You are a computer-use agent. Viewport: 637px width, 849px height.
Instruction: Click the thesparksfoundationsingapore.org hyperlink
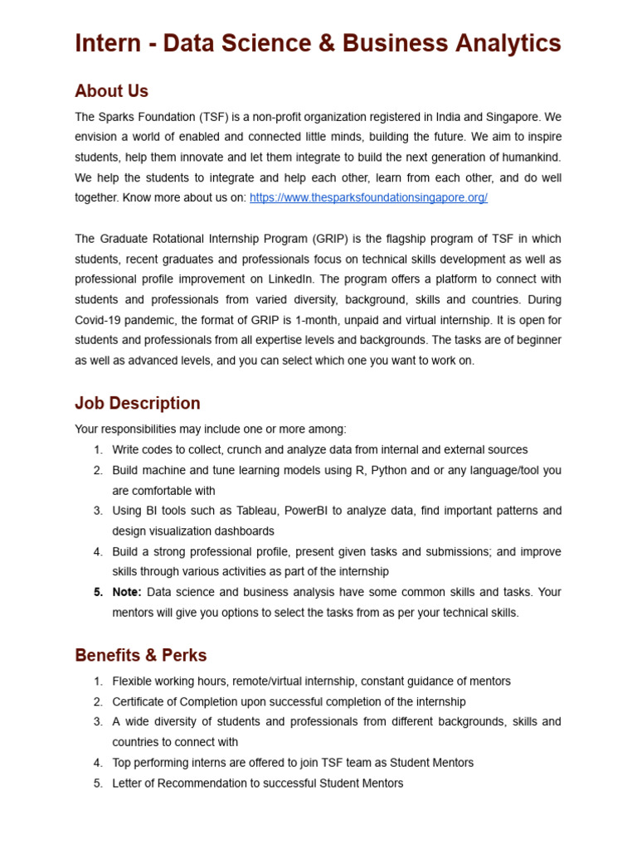(x=368, y=197)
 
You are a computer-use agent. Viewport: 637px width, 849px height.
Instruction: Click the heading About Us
(x=111, y=91)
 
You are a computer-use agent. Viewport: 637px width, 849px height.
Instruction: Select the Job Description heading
(x=138, y=404)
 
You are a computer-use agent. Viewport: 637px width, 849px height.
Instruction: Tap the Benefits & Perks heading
(x=141, y=656)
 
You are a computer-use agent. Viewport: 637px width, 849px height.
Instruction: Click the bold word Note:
(x=128, y=592)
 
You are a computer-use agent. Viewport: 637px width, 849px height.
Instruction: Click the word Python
(x=389, y=470)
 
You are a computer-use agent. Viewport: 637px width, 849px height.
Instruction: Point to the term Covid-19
(x=97, y=320)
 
